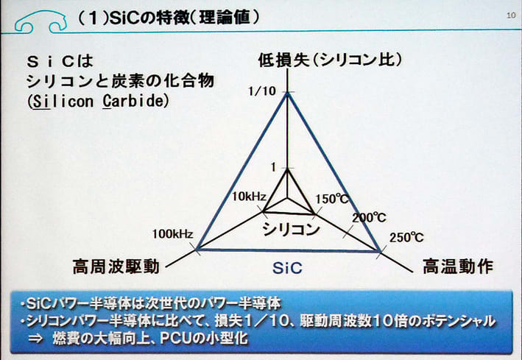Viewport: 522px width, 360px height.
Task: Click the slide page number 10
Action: (511, 15)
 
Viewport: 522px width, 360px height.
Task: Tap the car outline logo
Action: (41, 22)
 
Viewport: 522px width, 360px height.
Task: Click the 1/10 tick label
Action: (262, 91)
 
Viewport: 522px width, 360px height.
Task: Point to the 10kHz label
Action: (249, 197)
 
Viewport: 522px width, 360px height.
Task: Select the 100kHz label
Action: (172, 234)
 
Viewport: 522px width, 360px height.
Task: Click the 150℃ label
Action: (332, 200)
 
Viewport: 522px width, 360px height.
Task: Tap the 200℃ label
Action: (369, 218)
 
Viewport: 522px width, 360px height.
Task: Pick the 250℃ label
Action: (406, 238)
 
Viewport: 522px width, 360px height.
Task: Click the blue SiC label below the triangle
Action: (287, 268)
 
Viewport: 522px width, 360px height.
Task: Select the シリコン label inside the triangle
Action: (291, 229)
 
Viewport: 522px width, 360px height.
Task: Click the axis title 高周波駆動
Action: (116, 267)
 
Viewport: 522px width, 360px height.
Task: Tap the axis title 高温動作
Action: (458, 267)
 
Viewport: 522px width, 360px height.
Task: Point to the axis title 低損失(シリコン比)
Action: (330, 60)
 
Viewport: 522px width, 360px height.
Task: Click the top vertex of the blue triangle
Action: (288, 93)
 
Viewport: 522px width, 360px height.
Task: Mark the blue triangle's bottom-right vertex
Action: (380, 251)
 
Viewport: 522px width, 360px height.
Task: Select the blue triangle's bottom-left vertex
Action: (197, 249)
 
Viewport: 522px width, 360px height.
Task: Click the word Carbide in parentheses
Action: (134, 102)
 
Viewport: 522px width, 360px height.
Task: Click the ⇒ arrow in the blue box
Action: (35, 339)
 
